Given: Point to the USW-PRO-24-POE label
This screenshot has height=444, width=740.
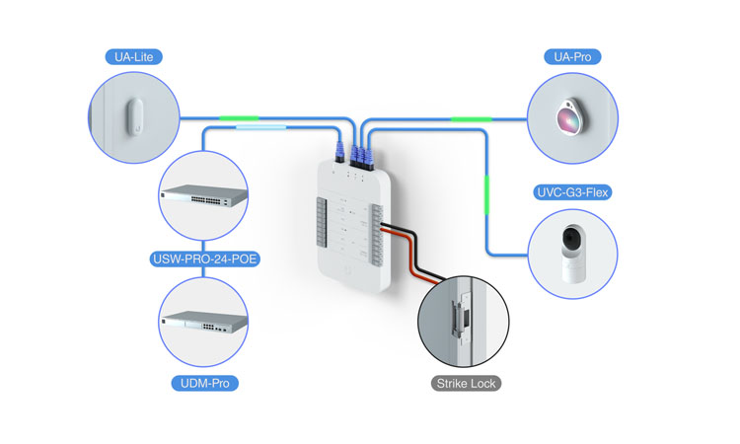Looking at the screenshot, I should tap(204, 260).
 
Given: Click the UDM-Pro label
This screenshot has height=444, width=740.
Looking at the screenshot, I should tap(204, 381).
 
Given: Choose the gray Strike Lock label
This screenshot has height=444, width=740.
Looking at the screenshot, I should tap(465, 383).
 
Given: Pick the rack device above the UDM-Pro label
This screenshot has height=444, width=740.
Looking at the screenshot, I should tap(204, 320).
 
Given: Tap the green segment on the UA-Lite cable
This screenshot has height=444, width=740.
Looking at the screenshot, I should tap(240, 118).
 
